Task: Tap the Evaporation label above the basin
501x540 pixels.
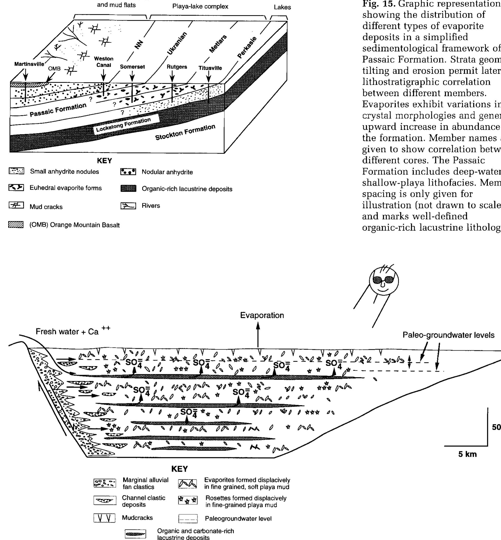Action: click(262, 315)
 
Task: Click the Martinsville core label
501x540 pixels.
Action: click(29, 64)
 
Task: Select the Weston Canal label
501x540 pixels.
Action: click(104, 62)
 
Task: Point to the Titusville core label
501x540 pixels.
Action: click(210, 68)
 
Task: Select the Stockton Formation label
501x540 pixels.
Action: click(185, 133)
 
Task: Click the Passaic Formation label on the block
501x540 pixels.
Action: click(58, 110)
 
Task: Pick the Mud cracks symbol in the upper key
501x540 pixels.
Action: click(16, 205)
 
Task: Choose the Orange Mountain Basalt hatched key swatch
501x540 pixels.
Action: click(16, 225)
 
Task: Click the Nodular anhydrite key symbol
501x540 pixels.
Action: click(128, 172)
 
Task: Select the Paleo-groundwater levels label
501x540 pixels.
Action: click(448, 335)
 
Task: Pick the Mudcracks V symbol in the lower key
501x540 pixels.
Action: click(104, 518)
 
